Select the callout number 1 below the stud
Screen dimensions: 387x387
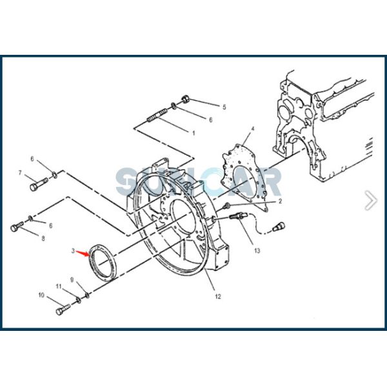pos(193,132)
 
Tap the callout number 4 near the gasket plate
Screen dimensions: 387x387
pos(252,129)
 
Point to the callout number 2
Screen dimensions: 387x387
pos(281,201)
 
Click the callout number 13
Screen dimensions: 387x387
pos(257,250)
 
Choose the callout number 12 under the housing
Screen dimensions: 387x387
pos(217,297)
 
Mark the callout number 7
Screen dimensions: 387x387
pos(20,173)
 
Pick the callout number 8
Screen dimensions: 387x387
pos(43,239)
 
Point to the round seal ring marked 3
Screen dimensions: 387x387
pos(103,261)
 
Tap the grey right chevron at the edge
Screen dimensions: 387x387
pos(370,200)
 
